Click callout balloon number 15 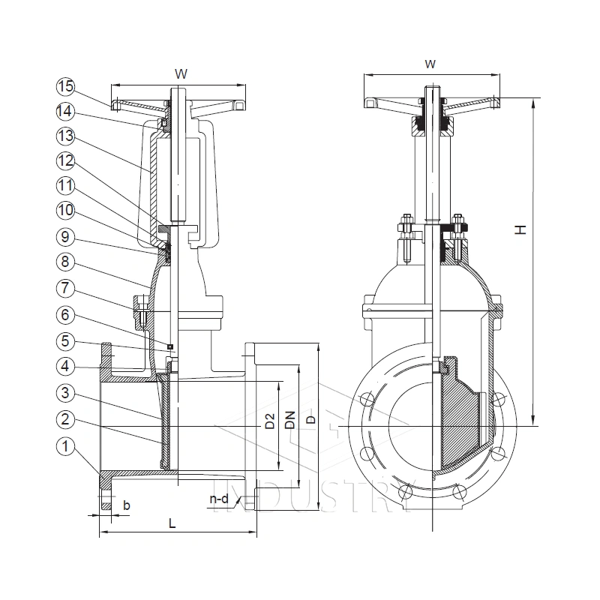click(66, 86)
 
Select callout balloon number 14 click(66, 111)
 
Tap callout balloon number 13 click(66, 136)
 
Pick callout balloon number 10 click(66, 212)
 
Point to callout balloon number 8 click(66, 262)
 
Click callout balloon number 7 click(66, 287)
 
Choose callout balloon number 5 click(66, 341)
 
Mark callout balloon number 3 click(66, 392)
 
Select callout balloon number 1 click(66, 447)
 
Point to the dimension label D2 click(270, 421)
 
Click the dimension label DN click(289, 421)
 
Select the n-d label click(218, 497)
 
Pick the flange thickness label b click(126, 505)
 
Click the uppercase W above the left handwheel click(181, 73)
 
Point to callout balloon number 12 click(66, 160)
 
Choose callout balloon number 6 click(66, 316)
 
